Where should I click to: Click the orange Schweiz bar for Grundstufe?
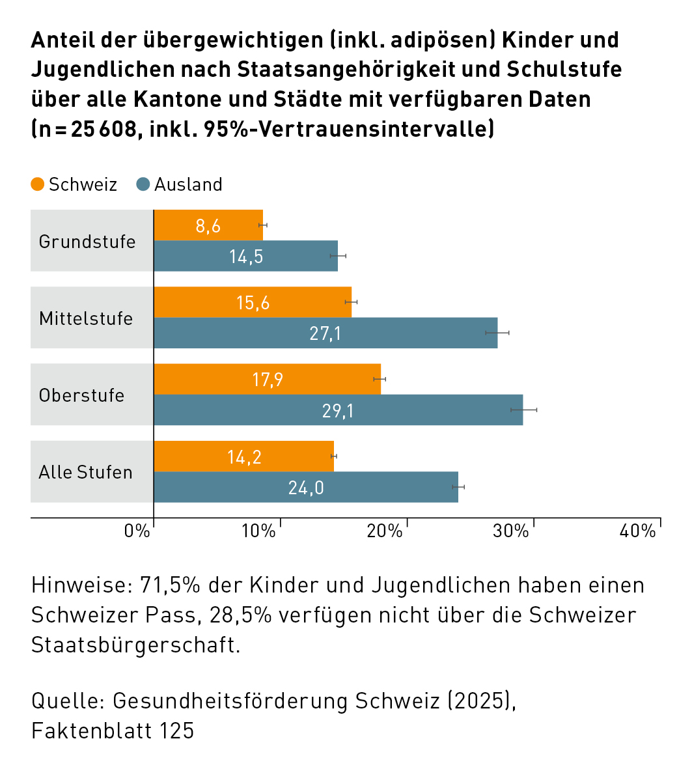click(208, 225)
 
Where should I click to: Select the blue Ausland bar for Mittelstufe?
click(325, 333)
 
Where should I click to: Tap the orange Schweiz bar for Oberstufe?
click(267, 379)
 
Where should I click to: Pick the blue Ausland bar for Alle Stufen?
click(306, 487)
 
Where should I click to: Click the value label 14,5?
click(246, 257)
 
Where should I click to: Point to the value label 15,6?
click(253, 303)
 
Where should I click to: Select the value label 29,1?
click(338, 410)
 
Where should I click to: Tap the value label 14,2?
click(244, 456)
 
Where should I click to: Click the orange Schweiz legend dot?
click(38, 184)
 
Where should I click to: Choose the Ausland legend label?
click(188, 185)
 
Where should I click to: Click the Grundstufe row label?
click(87, 242)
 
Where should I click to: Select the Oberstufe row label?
click(81, 395)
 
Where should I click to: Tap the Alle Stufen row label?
click(85, 472)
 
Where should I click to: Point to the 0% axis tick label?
click(137, 531)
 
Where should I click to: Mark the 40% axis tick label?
click(637, 531)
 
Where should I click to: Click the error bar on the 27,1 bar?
click(497, 333)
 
